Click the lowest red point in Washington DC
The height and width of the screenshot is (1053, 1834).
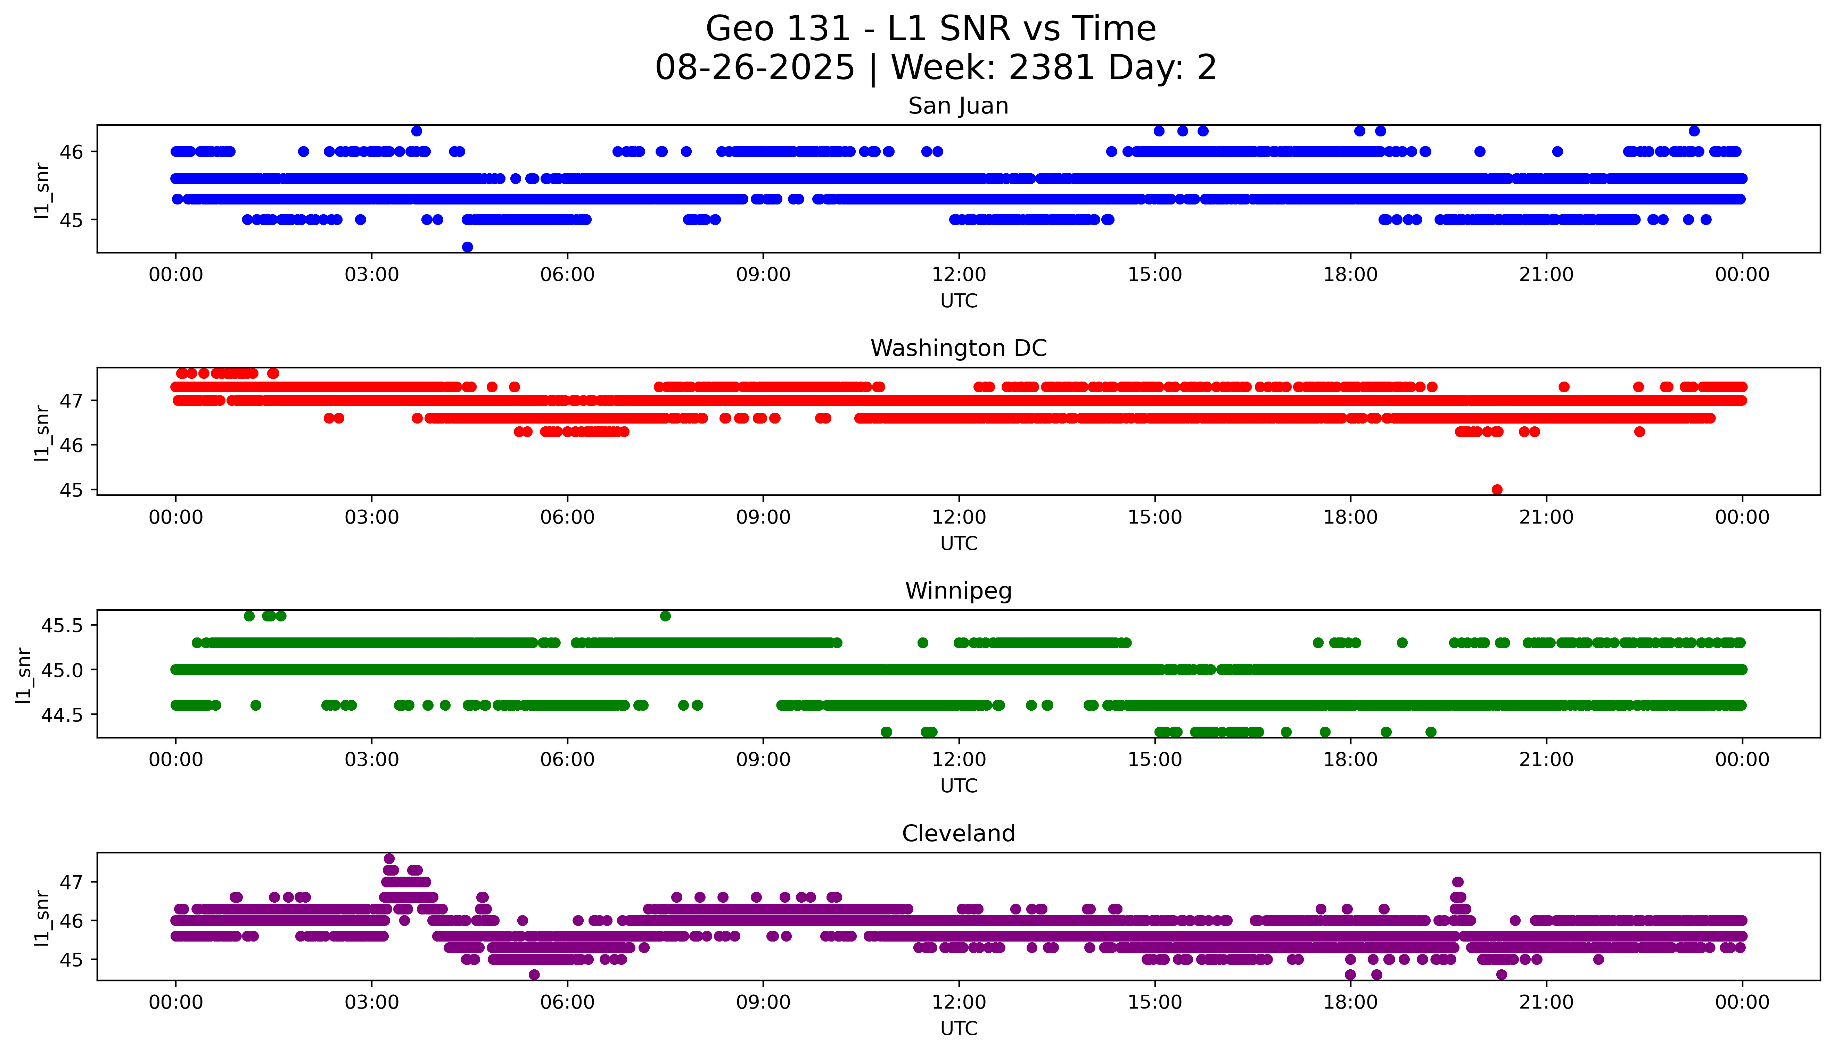1497,490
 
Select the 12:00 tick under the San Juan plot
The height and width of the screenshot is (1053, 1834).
959,275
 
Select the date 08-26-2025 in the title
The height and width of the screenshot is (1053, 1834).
755,68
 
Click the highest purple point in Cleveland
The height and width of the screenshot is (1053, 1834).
389,859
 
